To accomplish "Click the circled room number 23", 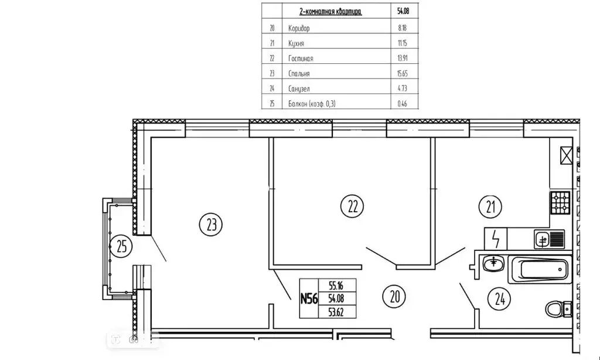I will (212, 223).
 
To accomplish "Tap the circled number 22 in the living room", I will (352, 206).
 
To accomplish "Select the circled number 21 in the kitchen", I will (490, 206).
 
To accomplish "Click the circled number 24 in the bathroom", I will (500, 300).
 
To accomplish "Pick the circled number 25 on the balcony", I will (121, 246).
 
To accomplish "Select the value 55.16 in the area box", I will (336, 285).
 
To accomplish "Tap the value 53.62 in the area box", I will (336, 311).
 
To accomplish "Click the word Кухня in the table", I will (298, 43).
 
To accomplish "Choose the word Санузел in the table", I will (299, 89).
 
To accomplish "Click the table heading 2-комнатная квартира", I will (322, 12).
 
